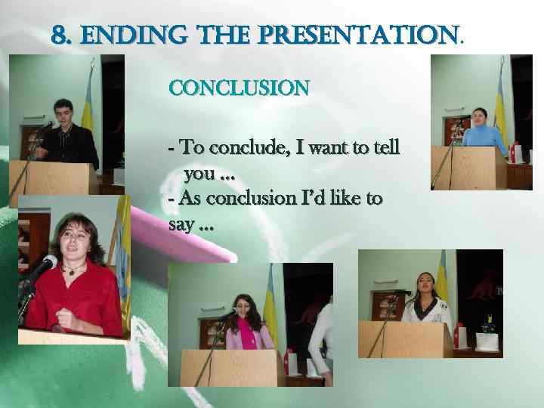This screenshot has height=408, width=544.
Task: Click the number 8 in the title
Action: click(59, 36)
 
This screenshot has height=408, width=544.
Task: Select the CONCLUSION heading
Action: click(239, 88)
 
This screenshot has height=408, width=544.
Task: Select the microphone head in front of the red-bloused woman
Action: click(47, 263)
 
